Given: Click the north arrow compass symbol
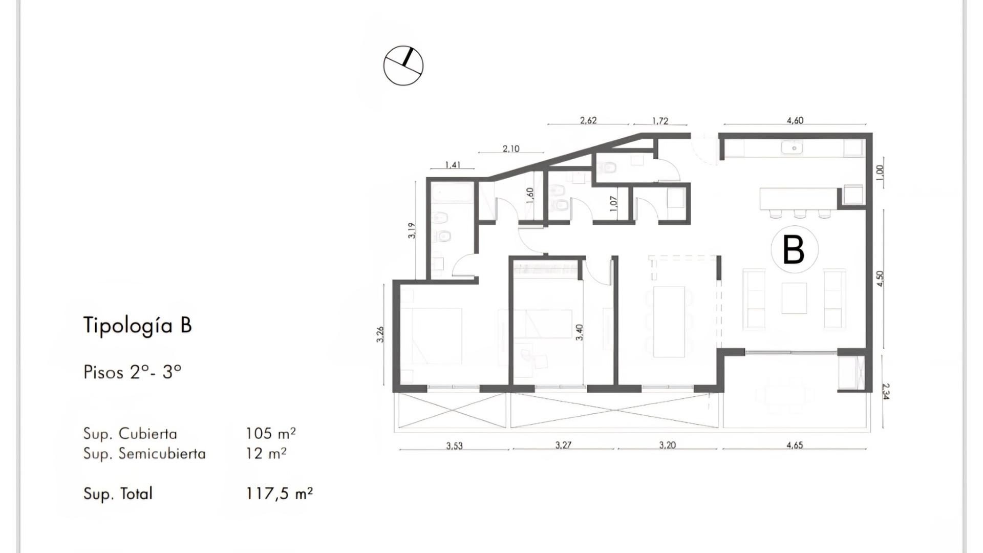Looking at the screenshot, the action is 403,66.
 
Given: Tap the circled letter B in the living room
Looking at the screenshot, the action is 794,250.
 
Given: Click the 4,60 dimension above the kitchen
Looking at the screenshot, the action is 795,121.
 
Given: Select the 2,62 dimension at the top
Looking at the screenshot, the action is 588,121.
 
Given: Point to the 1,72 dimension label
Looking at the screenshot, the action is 660,121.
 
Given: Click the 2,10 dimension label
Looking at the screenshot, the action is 511,149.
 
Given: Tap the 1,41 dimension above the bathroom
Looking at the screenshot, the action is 453,165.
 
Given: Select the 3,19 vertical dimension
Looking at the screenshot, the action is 412,230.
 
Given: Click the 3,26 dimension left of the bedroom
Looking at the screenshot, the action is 380,334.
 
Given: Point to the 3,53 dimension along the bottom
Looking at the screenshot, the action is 454,446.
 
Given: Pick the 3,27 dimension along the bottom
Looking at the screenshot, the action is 563,445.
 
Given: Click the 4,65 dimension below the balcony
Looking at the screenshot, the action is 795,445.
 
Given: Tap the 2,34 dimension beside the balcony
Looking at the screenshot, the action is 886,391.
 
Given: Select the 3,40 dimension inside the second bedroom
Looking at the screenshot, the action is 579,332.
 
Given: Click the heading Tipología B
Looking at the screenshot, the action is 137,326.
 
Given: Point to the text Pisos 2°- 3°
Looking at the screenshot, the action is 132,372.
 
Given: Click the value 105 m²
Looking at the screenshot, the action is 270,434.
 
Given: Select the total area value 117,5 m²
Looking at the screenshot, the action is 279,494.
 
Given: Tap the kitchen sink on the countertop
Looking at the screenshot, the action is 792,148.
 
